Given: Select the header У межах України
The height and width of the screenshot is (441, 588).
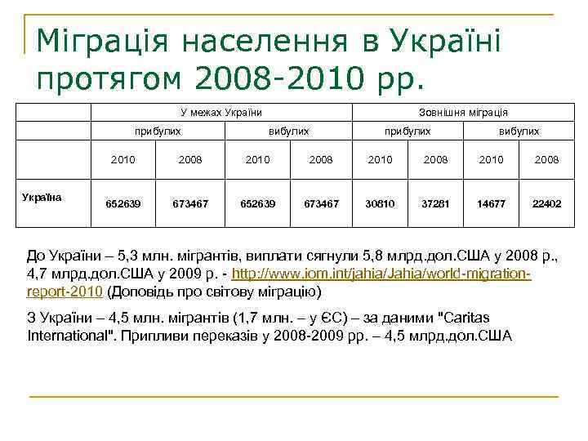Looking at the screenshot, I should (221, 112).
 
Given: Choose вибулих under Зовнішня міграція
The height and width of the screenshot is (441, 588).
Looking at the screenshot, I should (519, 131).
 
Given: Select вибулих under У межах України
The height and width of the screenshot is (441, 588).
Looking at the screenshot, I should (288, 131).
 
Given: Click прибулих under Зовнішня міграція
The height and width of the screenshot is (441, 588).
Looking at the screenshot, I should (408, 131).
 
